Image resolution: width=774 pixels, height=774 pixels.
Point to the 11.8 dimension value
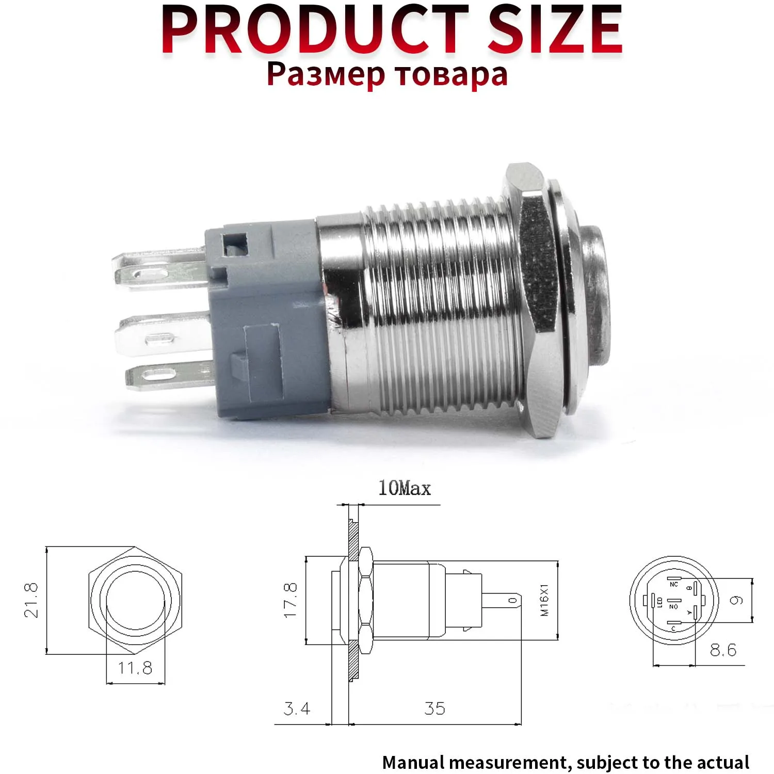click(x=135, y=668)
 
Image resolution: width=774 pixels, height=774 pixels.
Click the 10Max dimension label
click(x=404, y=488)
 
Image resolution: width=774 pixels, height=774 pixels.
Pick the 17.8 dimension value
click(x=291, y=600)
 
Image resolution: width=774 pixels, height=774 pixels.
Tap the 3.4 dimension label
click(x=297, y=708)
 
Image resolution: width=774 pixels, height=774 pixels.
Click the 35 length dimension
click(x=434, y=708)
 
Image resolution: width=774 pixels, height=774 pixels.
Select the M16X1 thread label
click(x=545, y=600)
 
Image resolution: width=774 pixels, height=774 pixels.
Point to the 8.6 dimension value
click(x=723, y=650)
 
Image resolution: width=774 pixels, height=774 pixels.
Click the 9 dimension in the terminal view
click(x=738, y=600)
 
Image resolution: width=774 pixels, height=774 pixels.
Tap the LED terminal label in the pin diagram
click(x=660, y=602)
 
